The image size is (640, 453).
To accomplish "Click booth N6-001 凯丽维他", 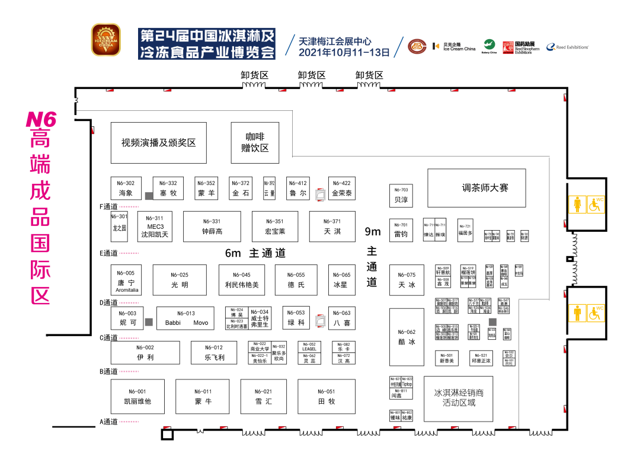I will (137, 396).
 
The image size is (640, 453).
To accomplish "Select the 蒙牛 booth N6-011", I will (203, 396).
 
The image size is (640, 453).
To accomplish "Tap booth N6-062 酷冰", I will (407, 337).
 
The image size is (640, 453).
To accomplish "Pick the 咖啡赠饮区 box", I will (255, 142).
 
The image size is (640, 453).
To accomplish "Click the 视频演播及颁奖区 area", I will (159, 143).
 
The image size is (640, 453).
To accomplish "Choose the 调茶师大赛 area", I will (476, 188).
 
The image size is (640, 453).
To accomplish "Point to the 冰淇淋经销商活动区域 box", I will (459, 398).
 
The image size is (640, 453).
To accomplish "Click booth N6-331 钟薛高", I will (212, 226).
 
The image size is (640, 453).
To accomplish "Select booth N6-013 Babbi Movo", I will (185, 318).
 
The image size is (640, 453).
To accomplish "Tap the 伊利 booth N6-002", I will (145, 352).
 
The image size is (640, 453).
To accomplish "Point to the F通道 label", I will (108, 207).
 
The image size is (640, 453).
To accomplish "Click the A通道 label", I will (108, 422).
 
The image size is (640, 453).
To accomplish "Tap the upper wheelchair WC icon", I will (595, 205).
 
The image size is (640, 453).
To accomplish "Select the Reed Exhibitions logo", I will (567, 47).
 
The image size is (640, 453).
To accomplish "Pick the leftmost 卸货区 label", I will (254, 75).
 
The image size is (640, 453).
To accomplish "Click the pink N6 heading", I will (41, 120).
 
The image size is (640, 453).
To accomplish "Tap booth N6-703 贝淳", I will (401, 196).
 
